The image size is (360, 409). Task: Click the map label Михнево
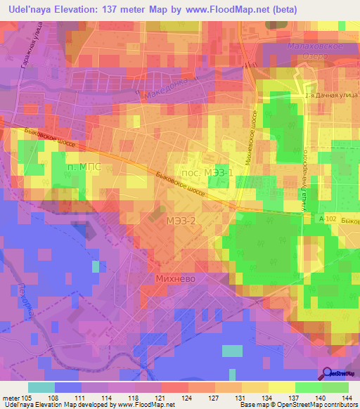[x=174, y=278]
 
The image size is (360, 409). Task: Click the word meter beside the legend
[x=12, y=398]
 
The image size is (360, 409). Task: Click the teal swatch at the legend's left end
[x=41, y=387]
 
